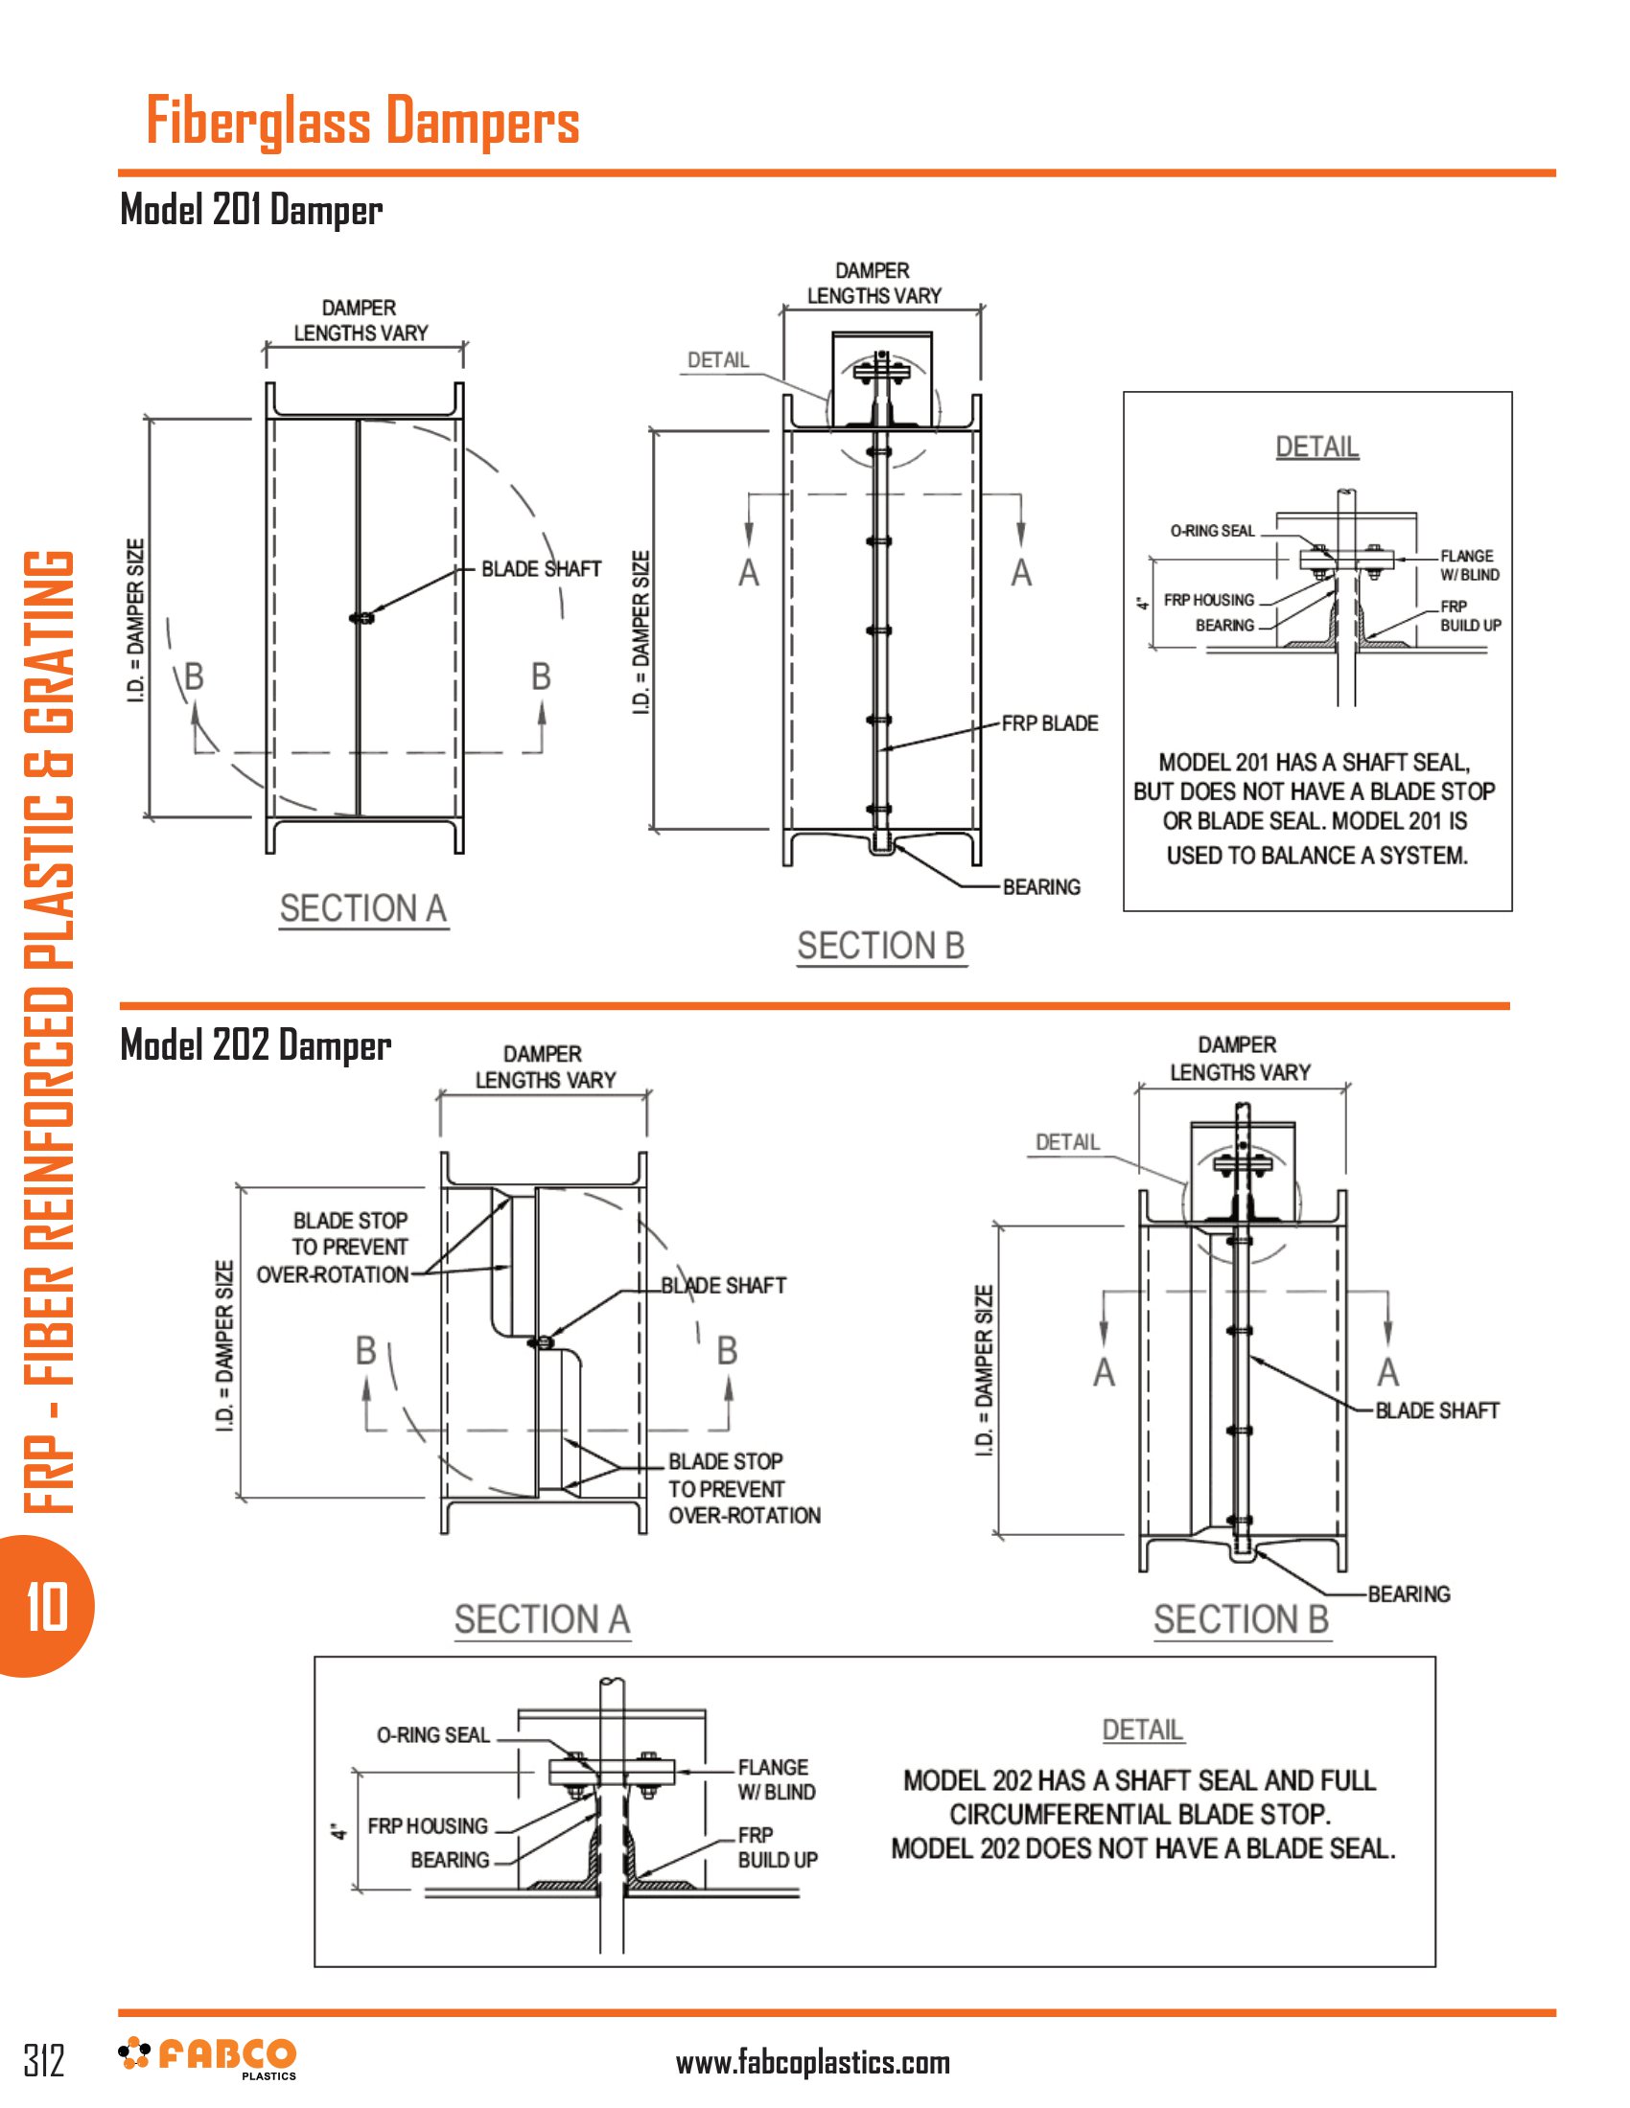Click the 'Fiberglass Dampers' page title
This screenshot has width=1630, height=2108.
coord(362,122)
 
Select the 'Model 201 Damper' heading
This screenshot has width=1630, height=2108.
coord(251,210)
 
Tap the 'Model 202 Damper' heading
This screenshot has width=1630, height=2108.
coord(255,1045)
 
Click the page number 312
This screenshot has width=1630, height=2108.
coord(44,2060)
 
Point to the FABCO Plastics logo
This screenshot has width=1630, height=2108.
coord(208,2058)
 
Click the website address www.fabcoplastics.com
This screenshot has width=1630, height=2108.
coord(812,2063)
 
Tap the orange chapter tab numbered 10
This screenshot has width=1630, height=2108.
coord(46,1607)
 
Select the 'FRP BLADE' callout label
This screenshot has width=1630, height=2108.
coord(1049,723)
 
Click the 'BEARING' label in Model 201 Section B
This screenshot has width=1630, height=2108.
coord(1041,887)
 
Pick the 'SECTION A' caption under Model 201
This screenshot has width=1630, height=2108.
coord(363,908)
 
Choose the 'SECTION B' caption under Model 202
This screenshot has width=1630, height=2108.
coord(1241,1618)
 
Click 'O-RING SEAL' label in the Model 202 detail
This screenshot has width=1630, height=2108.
coord(432,1735)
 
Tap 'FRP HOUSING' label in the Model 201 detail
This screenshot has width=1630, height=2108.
coord(1208,601)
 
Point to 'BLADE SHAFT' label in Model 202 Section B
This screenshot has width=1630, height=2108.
coord(1436,1410)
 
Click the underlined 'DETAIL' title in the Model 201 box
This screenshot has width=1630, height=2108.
coord(1317,447)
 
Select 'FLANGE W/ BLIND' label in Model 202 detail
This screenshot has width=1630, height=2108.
coord(777,1780)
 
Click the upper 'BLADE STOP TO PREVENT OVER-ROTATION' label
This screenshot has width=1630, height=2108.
coord(333,1247)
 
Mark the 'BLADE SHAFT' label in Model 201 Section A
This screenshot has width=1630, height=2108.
coord(541,569)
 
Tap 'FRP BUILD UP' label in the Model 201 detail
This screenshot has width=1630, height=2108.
coord(1470,616)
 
